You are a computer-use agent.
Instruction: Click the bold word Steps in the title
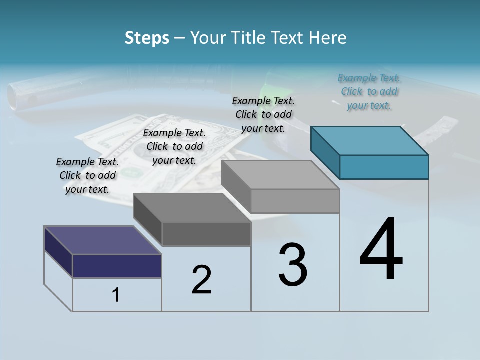[147, 38]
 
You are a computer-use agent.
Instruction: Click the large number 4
[381, 249]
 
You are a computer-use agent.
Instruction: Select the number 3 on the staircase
[293, 264]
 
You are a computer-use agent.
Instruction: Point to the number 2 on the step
[201, 280]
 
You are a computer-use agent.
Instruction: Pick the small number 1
[115, 295]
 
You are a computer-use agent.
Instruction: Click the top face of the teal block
[370, 140]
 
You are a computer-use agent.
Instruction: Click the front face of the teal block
[384, 167]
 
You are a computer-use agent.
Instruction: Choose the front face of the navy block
[117, 266]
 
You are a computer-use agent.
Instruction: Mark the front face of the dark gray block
[206, 234]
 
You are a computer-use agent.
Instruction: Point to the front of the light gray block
[295, 201]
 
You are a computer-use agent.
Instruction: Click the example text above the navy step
[87, 175]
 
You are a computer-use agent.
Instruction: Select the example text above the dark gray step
[174, 146]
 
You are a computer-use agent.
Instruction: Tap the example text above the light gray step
[263, 114]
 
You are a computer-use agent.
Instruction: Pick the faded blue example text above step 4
[369, 91]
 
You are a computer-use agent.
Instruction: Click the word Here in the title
[328, 38]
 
